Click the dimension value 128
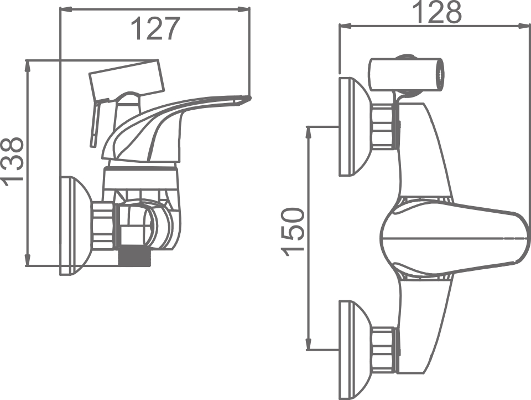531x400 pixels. pyautogui.click(x=437, y=12)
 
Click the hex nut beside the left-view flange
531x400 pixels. pyautogui.click(x=104, y=225)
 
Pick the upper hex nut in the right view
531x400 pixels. pyautogui.click(x=384, y=127)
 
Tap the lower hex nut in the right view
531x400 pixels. pyautogui.click(x=384, y=350)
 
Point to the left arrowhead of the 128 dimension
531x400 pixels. pyautogui.click(x=343, y=25)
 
